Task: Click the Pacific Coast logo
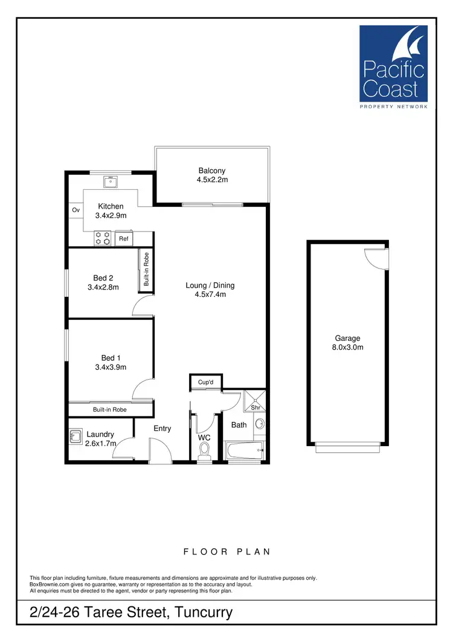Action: click(x=393, y=66)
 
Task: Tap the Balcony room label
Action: click(x=211, y=170)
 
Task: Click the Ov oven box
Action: click(x=76, y=210)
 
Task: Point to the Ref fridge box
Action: click(x=124, y=239)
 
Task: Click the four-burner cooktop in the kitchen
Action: click(x=103, y=239)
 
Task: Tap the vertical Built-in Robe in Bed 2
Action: click(x=146, y=269)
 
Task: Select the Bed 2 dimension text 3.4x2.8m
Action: click(x=103, y=287)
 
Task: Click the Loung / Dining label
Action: click(x=210, y=285)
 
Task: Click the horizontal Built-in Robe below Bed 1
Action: click(x=109, y=410)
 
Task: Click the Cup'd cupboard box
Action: click(x=206, y=382)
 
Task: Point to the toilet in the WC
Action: click(x=205, y=450)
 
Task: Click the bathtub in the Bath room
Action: click(x=245, y=450)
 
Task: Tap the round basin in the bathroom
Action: click(x=260, y=424)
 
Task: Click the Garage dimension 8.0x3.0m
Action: click(x=347, y=347)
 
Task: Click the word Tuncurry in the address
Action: click(x=204, y=613)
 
